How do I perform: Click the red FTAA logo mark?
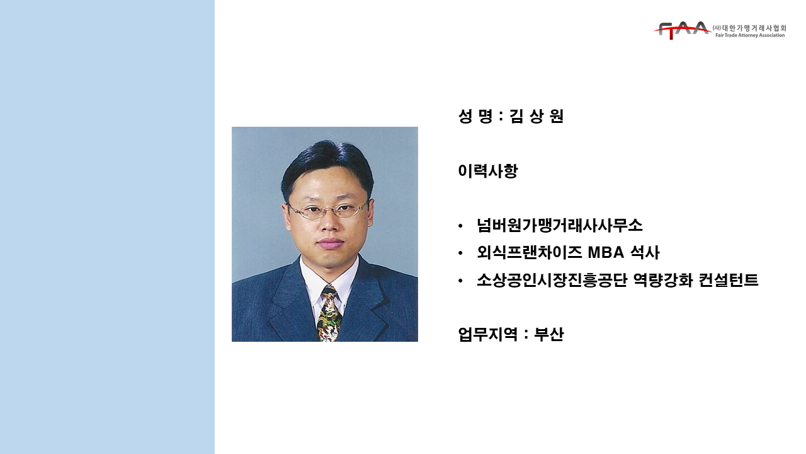click(682, 30)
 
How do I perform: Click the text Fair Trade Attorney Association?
click(750, 35)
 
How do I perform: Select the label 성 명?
click(475, 116)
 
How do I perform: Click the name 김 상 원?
click(536, 116)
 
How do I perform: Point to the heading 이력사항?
click(488, 171)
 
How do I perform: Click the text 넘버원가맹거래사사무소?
click(560, 226)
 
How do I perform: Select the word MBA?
click(606, 253)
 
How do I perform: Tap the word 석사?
click(645, 253)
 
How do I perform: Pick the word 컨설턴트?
click(729, 280)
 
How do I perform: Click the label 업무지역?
click(488, 334)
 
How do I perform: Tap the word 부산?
click(548, 334)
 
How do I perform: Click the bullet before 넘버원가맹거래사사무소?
click(460, 226)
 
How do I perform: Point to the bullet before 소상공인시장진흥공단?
click(460, 281)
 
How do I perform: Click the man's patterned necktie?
click(329, 313)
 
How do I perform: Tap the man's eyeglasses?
click(328, 210)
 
